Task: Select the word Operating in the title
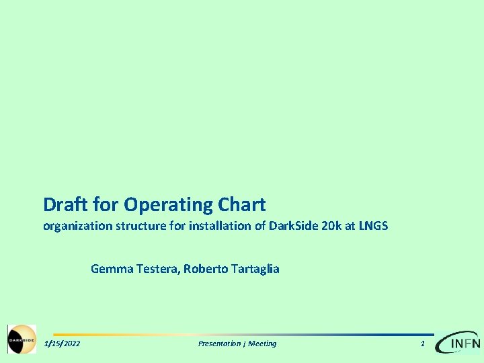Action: [x=169, y=204]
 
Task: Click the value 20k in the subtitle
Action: [x=331, y=226]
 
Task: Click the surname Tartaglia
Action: [x=255, y=269]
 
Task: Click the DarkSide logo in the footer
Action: [x=22, y=339]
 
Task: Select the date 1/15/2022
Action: [x=62, y=344]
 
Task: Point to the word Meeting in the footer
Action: [x=262, y=344]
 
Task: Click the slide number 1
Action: [x=422, y=344]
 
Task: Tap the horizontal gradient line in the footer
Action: [x=242, y=334]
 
